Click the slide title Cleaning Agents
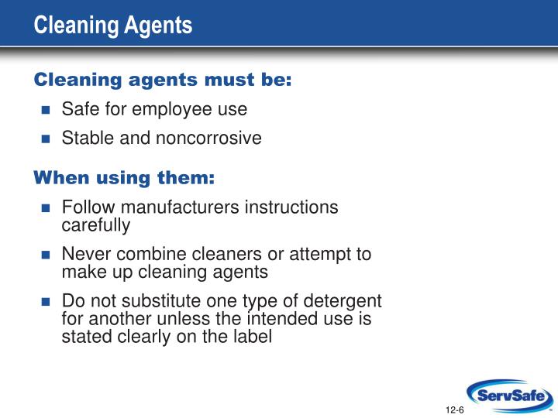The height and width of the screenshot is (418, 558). [113, 25]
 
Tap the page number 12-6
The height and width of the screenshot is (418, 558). [455, 409]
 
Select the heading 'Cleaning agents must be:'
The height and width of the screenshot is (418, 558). [163, 80]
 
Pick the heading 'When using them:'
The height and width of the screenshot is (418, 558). [124, 178]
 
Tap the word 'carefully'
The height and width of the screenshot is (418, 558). [96, 225]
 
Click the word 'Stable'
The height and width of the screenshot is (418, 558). [86, 139]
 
